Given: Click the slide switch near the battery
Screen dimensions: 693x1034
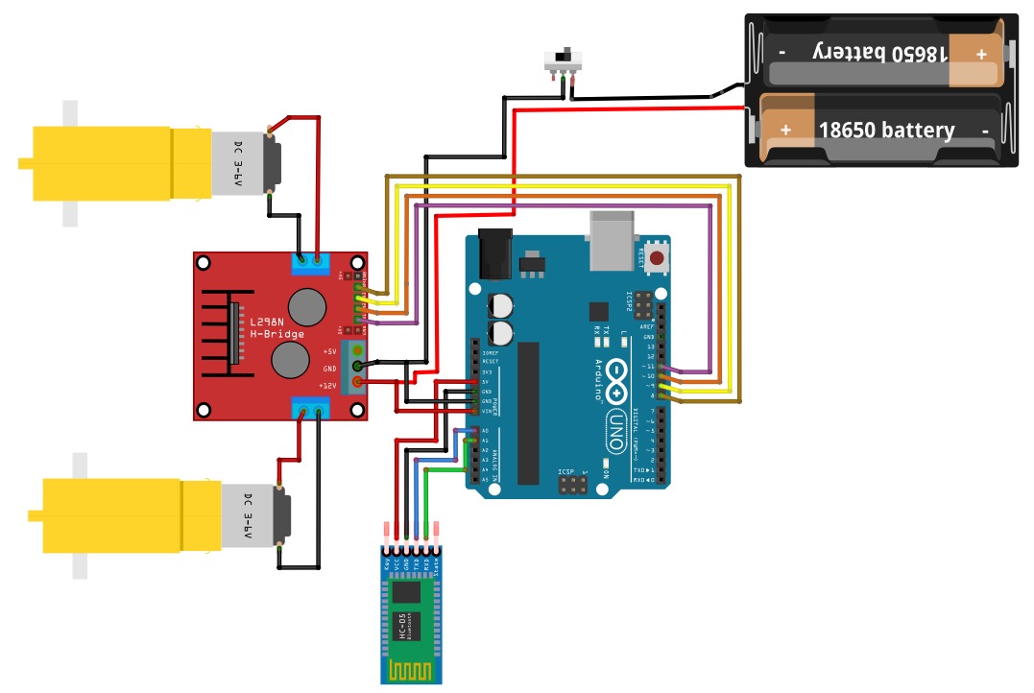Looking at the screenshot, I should (565, 60).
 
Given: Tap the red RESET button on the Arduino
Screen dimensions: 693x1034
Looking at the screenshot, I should (658, 256).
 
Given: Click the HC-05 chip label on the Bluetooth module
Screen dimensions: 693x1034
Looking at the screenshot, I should (401, 623).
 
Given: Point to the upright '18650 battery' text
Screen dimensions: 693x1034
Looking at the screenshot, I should (885, 130).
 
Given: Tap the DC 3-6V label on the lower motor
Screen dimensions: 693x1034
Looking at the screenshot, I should (248, 515).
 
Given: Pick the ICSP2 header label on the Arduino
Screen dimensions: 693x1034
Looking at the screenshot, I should (630, 302).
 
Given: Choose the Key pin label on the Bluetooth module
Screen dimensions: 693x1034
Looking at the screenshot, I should (386, 564).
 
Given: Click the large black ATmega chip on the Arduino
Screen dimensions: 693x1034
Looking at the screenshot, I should (528, 413).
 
